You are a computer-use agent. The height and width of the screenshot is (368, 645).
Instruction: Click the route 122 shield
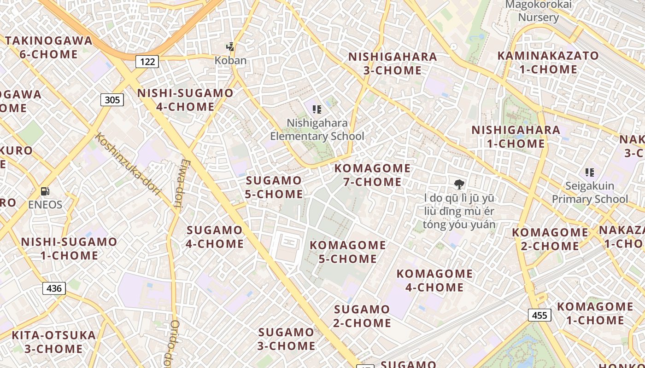click(147, 62)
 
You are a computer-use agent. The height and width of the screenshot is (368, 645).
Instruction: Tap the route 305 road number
click(112, 100)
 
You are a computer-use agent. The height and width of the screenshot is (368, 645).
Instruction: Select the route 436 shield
click(54, 288)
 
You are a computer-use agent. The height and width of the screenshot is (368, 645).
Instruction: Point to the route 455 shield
click(539, 315)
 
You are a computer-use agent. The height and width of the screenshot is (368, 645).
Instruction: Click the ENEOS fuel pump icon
click(45, 191)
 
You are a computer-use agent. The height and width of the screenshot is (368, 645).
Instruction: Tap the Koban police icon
click(230, 47)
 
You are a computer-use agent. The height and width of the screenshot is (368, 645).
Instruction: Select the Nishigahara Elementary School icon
click(317, 109)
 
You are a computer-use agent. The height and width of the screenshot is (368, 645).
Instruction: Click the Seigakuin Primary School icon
click(590, 172)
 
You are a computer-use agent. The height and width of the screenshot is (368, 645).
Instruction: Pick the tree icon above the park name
click(459, 185)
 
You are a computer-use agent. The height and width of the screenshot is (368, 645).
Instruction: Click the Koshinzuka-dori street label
click(128, 163)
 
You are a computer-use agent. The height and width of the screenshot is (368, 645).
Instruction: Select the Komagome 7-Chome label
click(372, 175)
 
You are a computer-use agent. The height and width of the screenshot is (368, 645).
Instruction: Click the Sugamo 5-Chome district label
click(274, 187)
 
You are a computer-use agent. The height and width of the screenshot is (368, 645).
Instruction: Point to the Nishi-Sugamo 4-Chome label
click(185, 100)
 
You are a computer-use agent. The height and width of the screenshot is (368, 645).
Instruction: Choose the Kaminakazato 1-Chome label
click(548, 63)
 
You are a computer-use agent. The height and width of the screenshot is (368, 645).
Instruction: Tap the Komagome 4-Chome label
click(434, 281)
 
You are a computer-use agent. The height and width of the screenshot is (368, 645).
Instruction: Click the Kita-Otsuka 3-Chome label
click(54, 342)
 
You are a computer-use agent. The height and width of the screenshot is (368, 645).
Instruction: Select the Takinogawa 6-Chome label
click(49, 47)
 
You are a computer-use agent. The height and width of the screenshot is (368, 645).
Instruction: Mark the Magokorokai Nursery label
click(539, 11)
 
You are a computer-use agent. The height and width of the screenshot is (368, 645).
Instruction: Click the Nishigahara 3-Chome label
click(393, 63)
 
